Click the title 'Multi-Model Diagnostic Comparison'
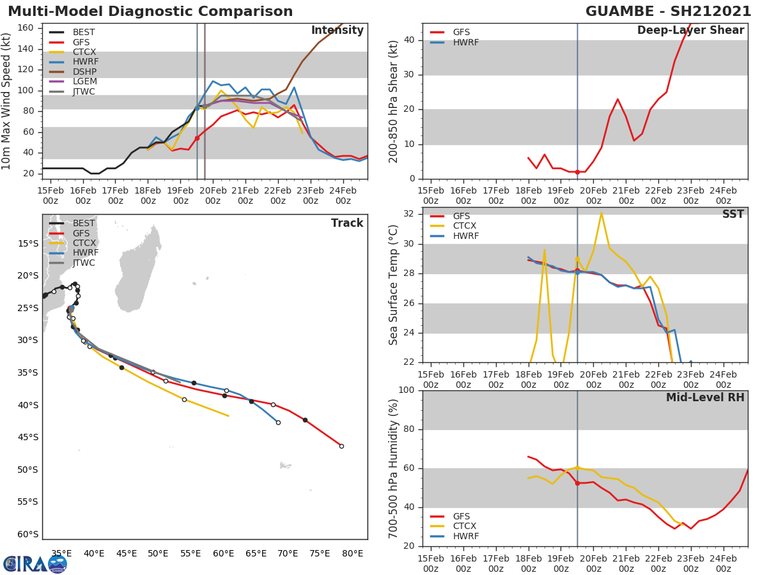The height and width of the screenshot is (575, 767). click(150, 11)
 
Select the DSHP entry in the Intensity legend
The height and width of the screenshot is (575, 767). click(84, 72)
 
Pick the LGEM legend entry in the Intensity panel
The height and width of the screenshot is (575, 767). click(84, 82)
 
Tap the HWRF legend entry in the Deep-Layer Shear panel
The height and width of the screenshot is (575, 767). click(465, 42)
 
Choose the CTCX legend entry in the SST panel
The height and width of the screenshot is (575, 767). click(465, 226)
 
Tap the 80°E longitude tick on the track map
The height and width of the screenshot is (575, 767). click(353, 553)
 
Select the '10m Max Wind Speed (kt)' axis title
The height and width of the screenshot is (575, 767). click(7, 101)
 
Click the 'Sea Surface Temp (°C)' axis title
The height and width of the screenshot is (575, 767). click(394, 284)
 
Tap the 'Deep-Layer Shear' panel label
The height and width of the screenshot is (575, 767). click(690, 31)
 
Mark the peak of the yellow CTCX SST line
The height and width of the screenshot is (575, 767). click(601, 213)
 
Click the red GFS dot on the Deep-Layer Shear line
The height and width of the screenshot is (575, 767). click(577, 172)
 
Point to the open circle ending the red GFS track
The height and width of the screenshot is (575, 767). click(341, 446)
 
